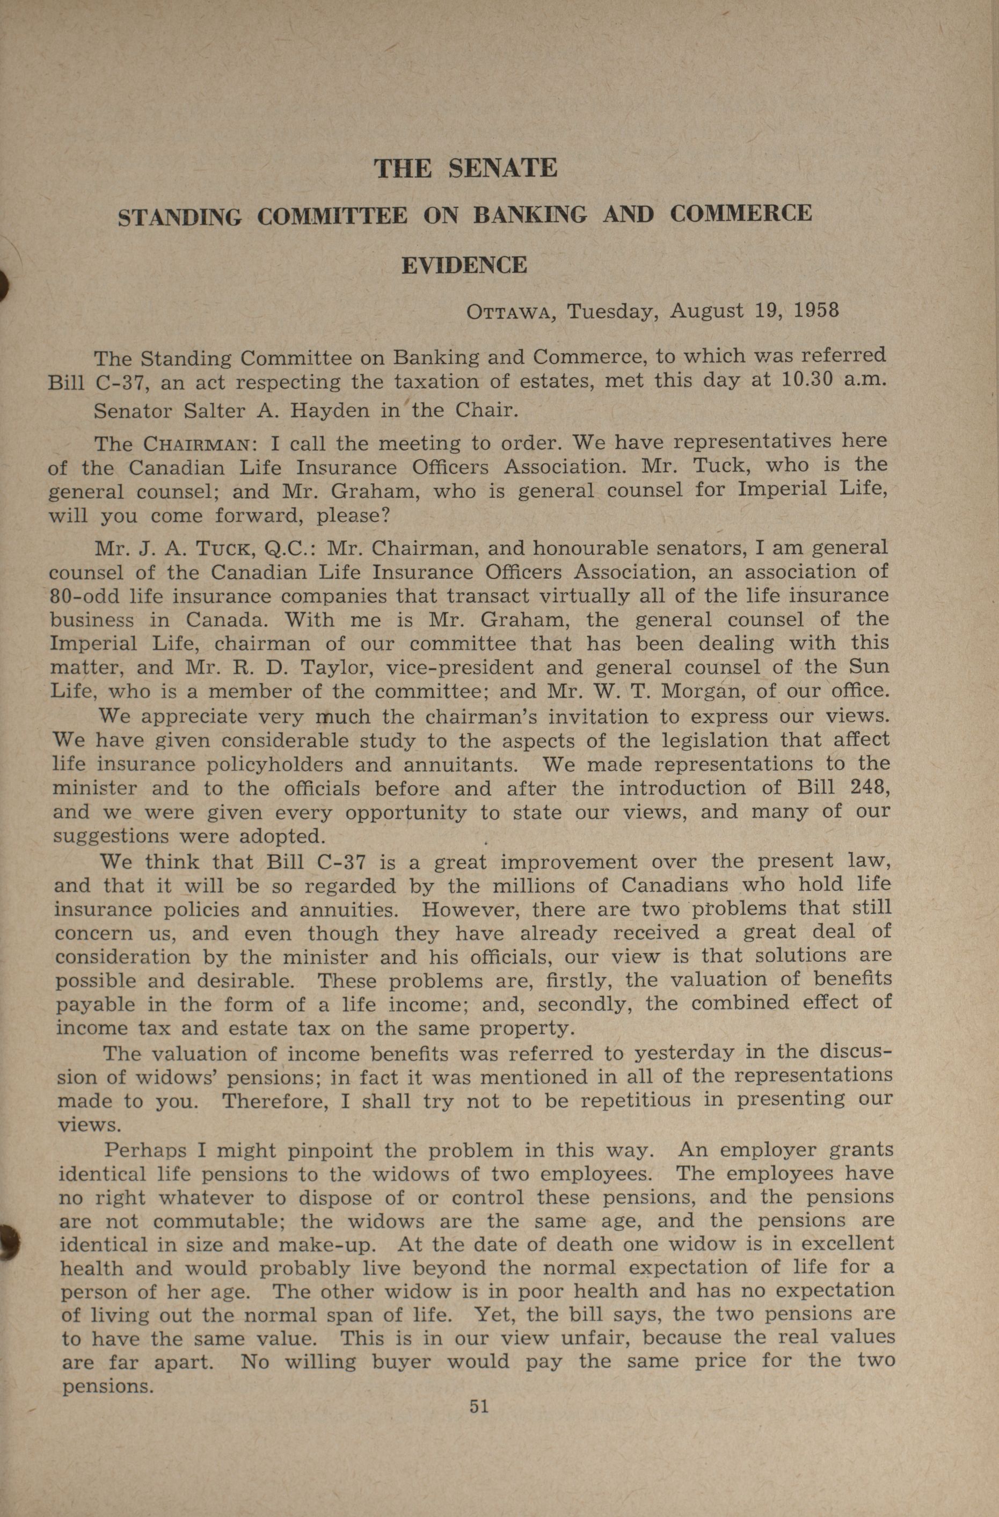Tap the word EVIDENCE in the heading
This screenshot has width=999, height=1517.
[x=464, y=265]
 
